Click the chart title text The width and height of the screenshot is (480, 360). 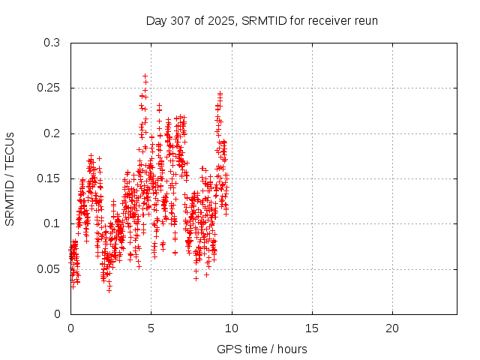(x=262, y=20)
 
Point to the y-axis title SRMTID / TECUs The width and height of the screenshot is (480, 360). (x=10, y=178)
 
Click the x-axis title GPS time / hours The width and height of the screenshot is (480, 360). (x=262, y=349)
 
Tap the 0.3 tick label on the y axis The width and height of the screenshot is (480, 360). (x=52, y=43)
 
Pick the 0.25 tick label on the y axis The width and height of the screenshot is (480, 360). (x=49, y=88)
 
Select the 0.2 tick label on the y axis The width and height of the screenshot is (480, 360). (x=52, y=133)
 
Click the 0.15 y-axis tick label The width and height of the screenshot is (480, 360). (x=49, y=178)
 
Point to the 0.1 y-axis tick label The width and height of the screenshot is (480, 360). (x=52, y=223)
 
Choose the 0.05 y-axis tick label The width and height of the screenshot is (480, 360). (x=49, y=268)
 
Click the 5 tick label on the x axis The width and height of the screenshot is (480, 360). (x=151, y=328)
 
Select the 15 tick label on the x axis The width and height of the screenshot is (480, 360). (x=311, y=328)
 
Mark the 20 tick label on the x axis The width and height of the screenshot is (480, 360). (x=391, y=328)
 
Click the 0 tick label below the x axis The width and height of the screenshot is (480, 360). (x=70, y=328)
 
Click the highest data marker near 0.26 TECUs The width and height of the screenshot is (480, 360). (x=145, y=76)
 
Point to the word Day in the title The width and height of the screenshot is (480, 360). (x=156, y=20)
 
